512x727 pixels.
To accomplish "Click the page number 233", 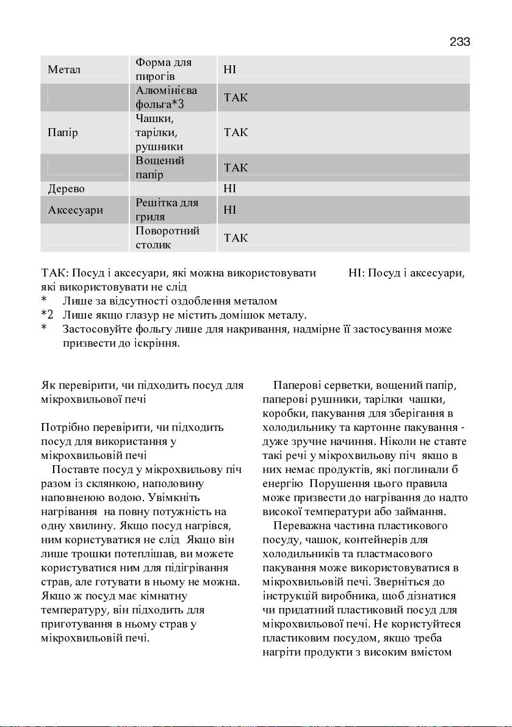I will pos(460,42).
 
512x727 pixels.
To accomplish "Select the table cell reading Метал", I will pos(64,70).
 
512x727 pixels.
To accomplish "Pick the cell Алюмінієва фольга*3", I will pos(163,97).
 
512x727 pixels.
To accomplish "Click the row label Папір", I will pos(63,132).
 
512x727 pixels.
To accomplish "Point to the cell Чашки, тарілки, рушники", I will pos(159,132).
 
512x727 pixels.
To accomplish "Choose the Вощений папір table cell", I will pos(159,168).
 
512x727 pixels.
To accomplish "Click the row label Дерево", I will pos(67,189).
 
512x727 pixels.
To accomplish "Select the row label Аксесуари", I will pos(75,210).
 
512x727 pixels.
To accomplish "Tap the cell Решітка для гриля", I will pos(167,210).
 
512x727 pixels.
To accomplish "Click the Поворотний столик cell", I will pos(167,238).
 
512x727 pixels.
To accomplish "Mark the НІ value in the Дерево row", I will pos(230,189).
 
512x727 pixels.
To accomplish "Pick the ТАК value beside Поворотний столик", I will pos(236,238).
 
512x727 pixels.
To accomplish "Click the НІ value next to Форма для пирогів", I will pos(230,70).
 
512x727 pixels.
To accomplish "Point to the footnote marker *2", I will pos(47,315).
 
